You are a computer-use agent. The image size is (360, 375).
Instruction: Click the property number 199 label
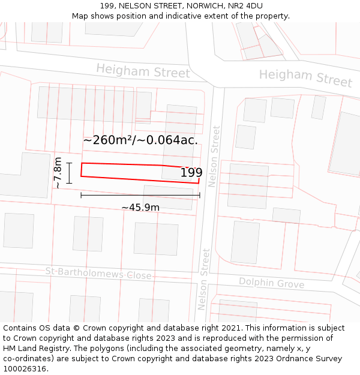[191, 173]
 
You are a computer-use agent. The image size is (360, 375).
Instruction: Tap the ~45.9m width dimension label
[140, 208]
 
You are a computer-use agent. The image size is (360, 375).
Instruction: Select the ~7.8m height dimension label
[58, 173]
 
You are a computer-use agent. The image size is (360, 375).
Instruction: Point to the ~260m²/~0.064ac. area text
[140, 140]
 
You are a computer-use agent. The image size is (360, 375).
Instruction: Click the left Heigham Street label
[143, 71]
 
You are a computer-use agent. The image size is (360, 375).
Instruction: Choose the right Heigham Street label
[305, 77]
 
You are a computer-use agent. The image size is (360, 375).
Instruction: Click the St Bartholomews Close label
[99, 274]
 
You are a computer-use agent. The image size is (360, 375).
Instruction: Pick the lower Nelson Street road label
[202, 278]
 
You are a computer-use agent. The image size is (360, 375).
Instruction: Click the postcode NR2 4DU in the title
[245, 5]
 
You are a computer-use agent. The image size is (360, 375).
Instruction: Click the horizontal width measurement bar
[140, 195]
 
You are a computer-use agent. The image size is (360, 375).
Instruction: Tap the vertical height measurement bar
[70, 173]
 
